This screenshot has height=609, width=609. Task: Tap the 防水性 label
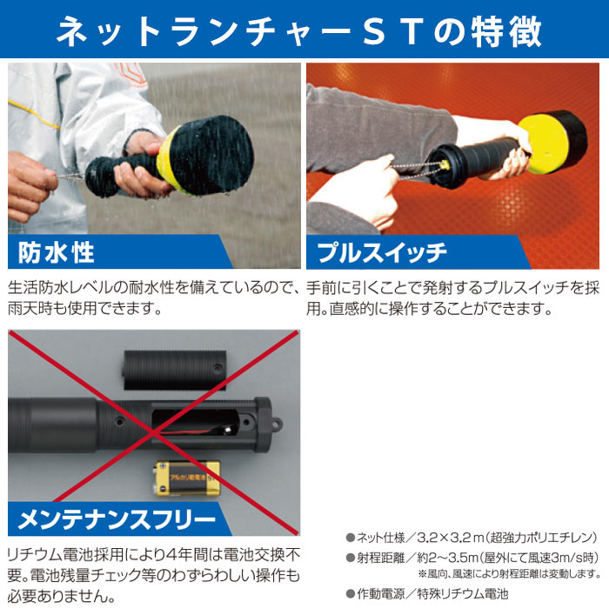click(57, 252)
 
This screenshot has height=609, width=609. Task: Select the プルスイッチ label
click(382, 252)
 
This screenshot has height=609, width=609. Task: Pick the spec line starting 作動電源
click(426, 593)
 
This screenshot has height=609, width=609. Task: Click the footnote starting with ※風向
click(508, 574)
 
